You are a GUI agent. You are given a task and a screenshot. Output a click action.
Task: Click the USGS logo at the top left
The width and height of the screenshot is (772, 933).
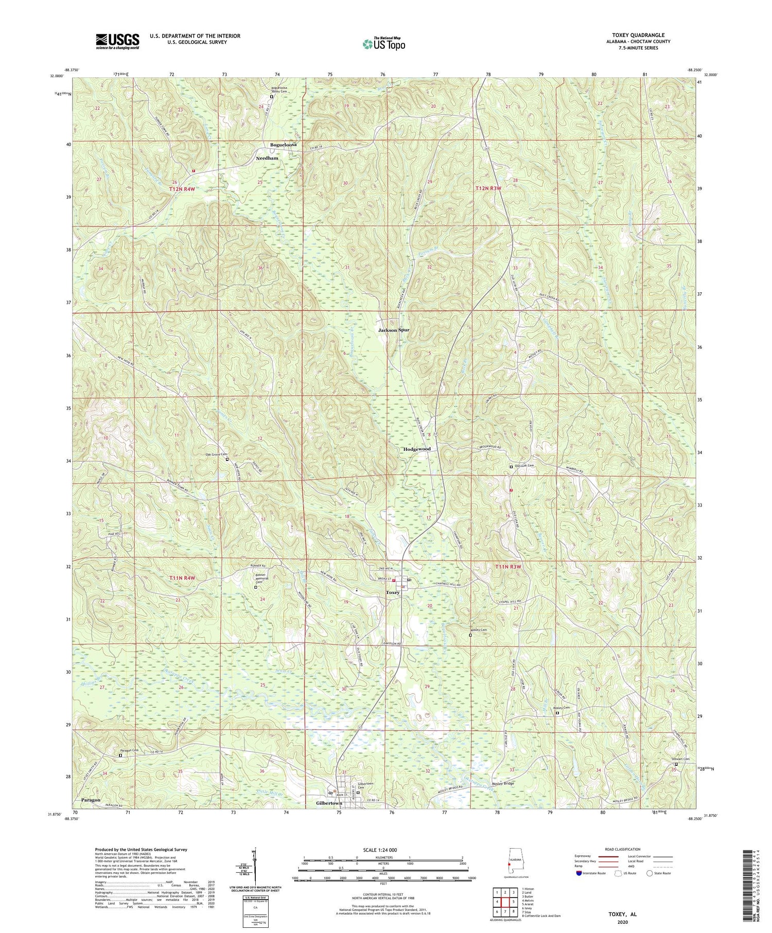pyautogui.click(x=117, y=41)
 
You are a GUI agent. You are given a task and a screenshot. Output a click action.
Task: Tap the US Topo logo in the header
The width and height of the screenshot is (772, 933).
pyautogui.click(x=383, y=44)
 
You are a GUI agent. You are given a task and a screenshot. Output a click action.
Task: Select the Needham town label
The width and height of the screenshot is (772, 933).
pyautogui.click(x=267, y=158)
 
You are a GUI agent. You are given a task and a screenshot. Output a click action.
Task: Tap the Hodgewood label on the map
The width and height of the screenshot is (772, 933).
pyautogui.click(x=417, y=449)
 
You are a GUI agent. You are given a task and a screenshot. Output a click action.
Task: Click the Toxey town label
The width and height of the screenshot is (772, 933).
pyautogui.click(x=393, y=592)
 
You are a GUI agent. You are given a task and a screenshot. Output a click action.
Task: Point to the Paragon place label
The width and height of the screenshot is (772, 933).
pyautogui.click(x=91, y=800)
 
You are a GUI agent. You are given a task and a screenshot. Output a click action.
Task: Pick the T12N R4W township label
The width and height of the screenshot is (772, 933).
pyautogui.click(x=183, y=189)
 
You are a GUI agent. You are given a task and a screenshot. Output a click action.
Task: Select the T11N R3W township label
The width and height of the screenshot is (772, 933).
pyautogui.click(x=508, y=567)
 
